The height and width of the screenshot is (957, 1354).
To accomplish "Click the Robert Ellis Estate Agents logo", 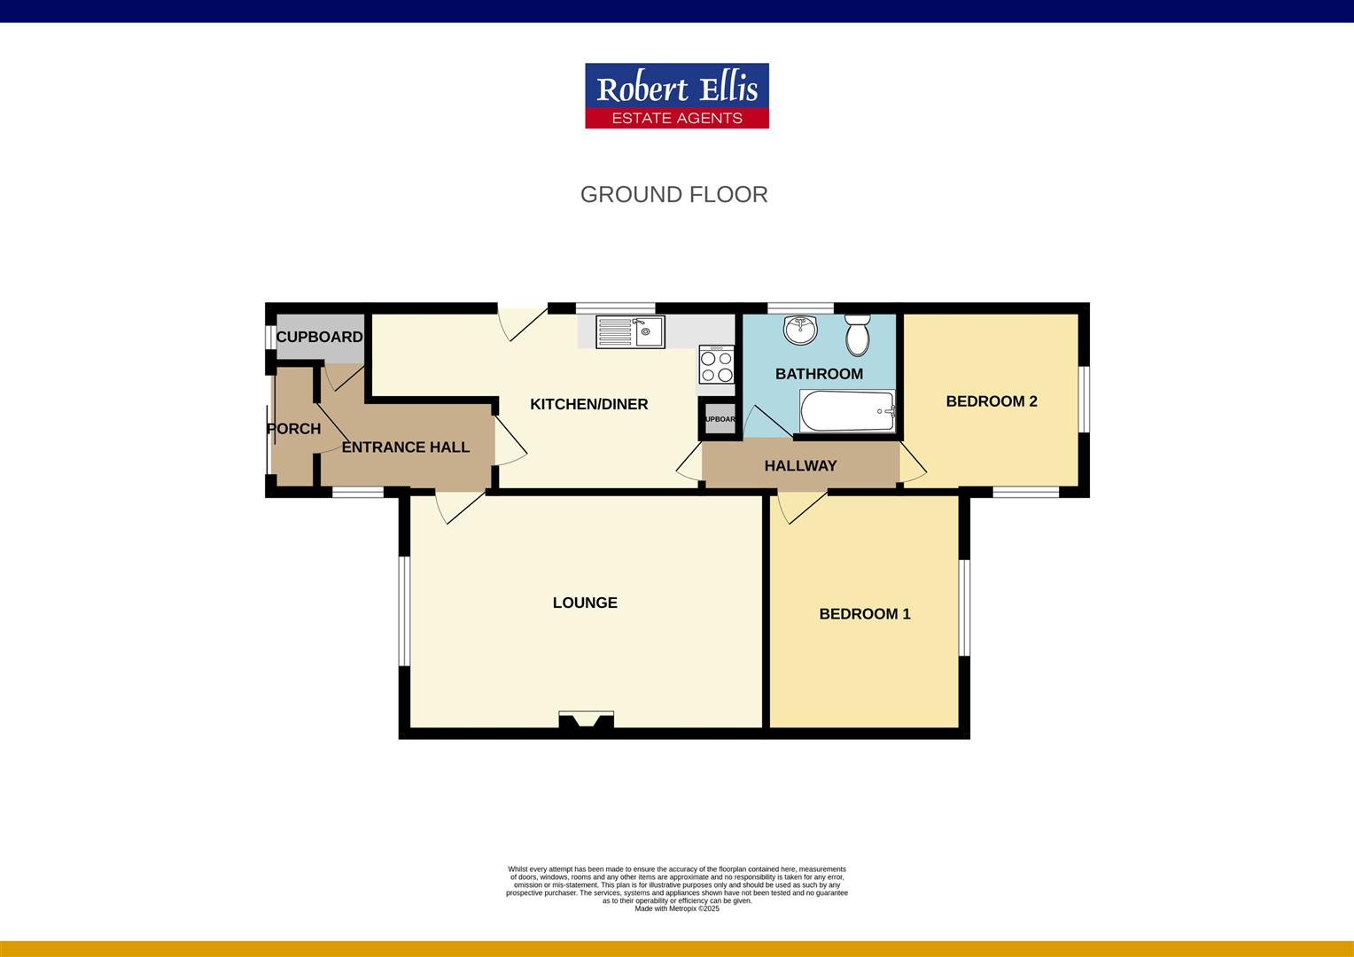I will point(676,96).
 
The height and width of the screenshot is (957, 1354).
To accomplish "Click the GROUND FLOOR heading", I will point(673,195).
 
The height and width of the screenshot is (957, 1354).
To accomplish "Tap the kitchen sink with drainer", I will point(630,331).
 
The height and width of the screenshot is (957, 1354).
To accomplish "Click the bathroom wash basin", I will point(800,330).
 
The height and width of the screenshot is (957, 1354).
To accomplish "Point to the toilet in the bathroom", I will point(858,334).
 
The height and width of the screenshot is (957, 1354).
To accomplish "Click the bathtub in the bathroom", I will point(848,411).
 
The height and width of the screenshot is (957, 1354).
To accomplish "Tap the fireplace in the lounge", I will point(586,720).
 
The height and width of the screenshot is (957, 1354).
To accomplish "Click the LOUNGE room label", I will point(585,603).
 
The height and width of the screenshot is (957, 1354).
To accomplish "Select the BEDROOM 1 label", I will point(864,614).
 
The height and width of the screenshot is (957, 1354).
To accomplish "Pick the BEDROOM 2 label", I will point(991,401).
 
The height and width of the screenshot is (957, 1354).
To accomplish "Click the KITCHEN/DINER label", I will point(588,404).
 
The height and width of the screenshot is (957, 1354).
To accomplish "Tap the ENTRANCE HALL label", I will point(405,447).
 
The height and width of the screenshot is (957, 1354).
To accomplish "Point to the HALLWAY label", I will point(800,466).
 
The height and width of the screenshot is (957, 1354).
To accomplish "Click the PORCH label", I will point(293,429).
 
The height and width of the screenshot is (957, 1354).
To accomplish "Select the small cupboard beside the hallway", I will point(720,419).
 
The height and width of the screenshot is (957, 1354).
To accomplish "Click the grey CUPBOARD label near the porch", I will point(319,337).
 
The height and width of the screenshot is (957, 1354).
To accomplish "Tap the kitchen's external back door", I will point(522,321).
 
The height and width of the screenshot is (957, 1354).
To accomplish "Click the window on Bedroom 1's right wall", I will point(965,607).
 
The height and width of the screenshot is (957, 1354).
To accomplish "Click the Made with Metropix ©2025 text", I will point(677,908).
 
